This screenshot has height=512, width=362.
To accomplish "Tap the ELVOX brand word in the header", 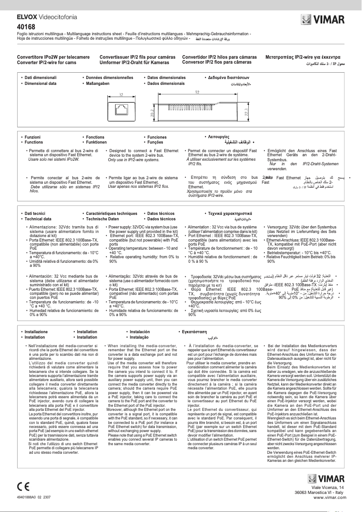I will [28, 17].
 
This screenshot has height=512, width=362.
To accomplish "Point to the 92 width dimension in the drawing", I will [198, 92].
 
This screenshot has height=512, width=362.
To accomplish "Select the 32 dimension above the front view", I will [121, 94].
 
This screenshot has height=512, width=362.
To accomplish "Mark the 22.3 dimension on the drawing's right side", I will [246, 112].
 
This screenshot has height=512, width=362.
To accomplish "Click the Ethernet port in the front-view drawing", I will [121, 108].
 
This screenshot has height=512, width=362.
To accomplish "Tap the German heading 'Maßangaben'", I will [97, 84].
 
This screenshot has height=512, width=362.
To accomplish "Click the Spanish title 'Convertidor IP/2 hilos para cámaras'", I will [219, 57].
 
